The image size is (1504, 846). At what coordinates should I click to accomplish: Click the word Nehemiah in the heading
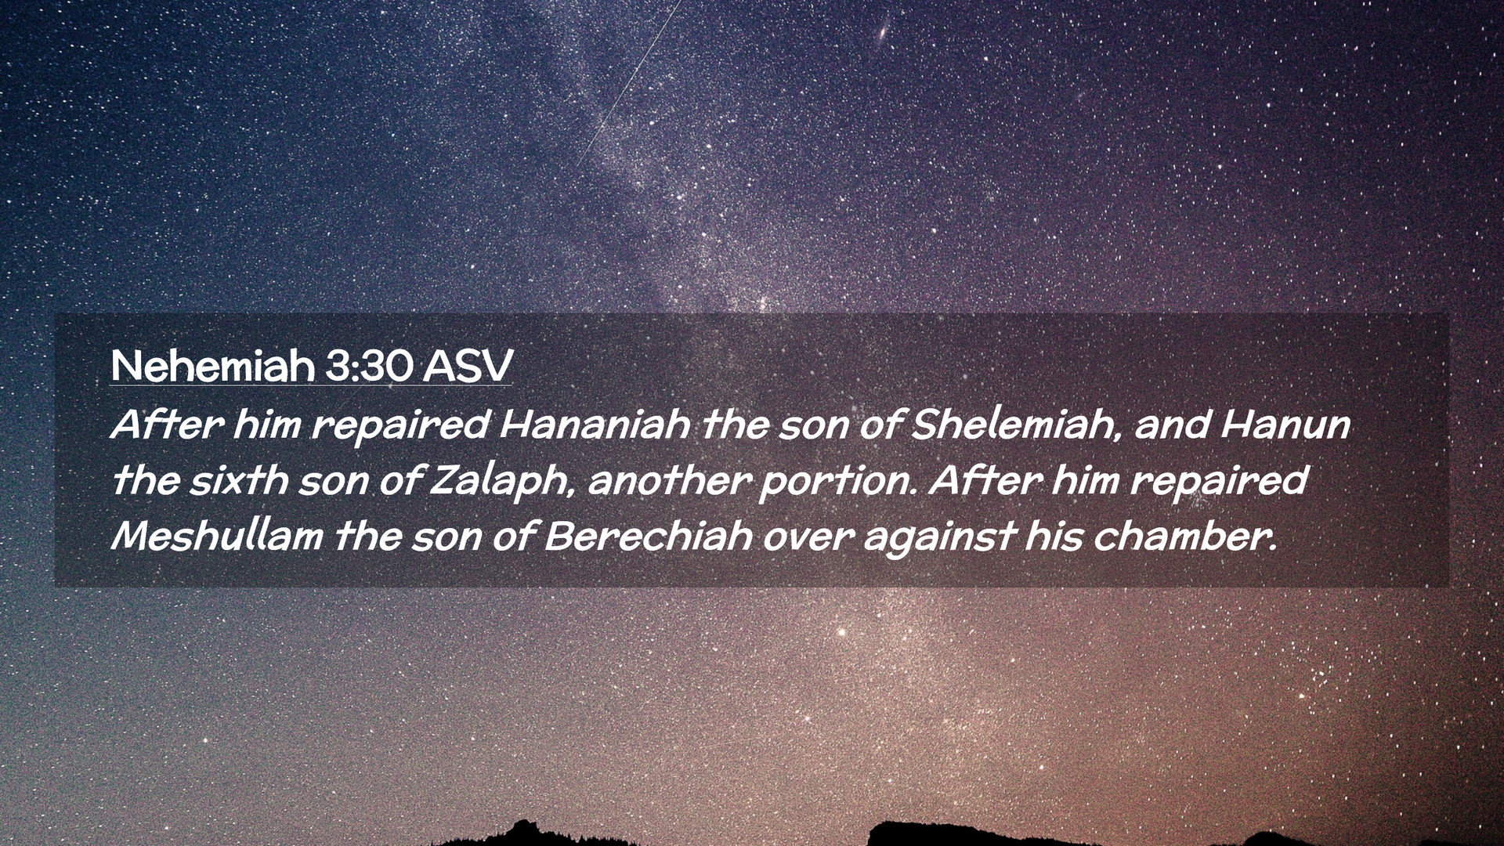click(212, 365)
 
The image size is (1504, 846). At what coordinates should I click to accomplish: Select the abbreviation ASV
click(468, 366)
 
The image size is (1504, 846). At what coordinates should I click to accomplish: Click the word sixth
click(238, 479)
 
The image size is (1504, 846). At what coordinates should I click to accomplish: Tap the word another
click(667, 479)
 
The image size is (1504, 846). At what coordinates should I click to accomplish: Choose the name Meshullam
click(217, 536)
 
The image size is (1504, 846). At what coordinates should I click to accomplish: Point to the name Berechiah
click(648, 536)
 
